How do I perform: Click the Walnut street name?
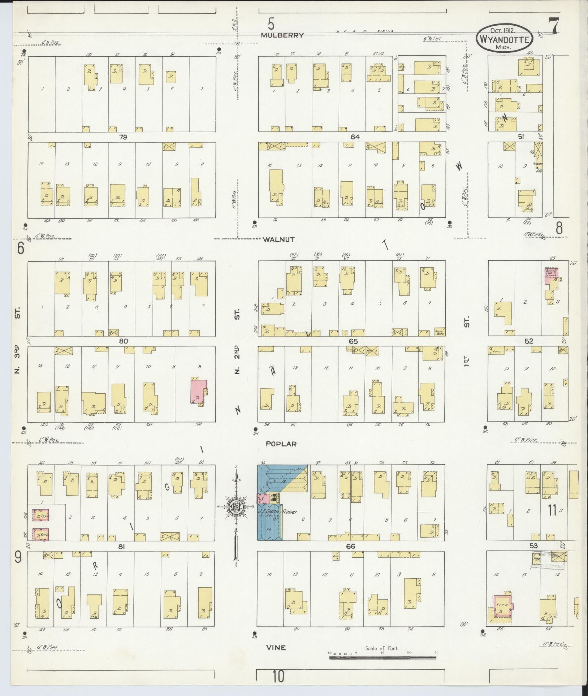point(279,239)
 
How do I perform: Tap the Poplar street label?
point(281,444)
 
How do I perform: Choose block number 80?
point(124,341)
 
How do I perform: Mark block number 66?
point(350,546)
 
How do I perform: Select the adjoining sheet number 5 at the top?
point(271,24)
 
